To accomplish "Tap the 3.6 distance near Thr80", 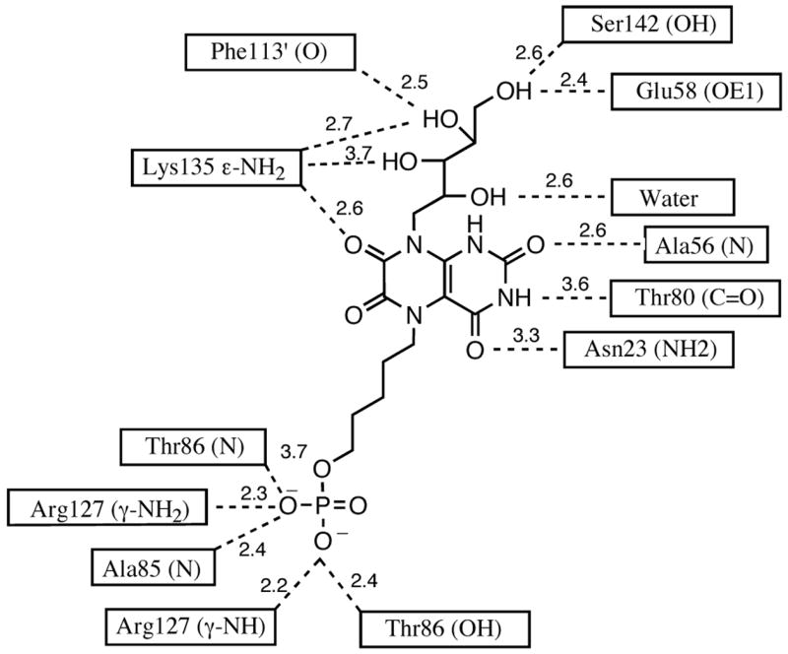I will (573, 284).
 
